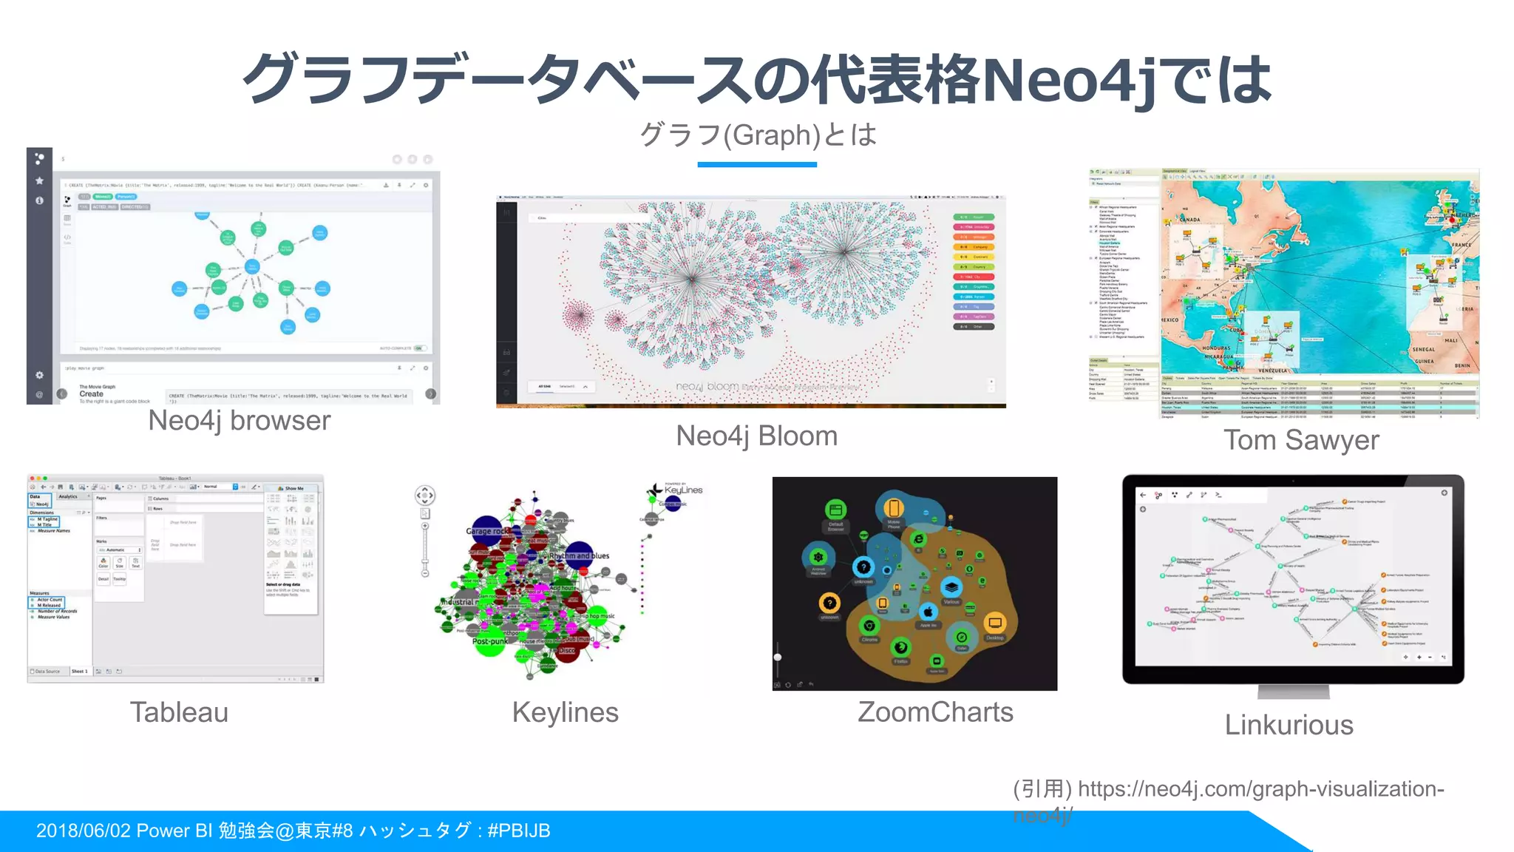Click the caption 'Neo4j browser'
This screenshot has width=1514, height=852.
coord(239,421)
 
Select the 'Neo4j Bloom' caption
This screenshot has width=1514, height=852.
coord(756,436)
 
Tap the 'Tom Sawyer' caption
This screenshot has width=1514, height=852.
coord(1301,440)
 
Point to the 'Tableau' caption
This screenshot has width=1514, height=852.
coord(179,713)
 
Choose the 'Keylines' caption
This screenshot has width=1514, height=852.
coord(565,713)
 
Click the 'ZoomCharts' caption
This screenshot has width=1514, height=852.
coord(935,712)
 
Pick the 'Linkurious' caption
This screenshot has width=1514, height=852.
coord(1289,725)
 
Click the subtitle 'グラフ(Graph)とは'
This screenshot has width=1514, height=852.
coord(758,135)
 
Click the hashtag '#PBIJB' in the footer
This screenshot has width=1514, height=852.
coord(519,831)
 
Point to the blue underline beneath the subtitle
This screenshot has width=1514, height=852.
coord(757,164)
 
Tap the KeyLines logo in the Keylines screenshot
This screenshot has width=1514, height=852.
coord(676,490)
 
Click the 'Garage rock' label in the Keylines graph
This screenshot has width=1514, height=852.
coord(487,531)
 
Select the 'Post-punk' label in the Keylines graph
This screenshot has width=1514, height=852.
coord(489,641)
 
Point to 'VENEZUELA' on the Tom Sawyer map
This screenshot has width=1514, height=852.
coord(1273,371)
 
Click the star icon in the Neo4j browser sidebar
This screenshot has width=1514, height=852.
coord(40,180)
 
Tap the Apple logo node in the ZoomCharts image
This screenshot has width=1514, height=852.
coord(928,612)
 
